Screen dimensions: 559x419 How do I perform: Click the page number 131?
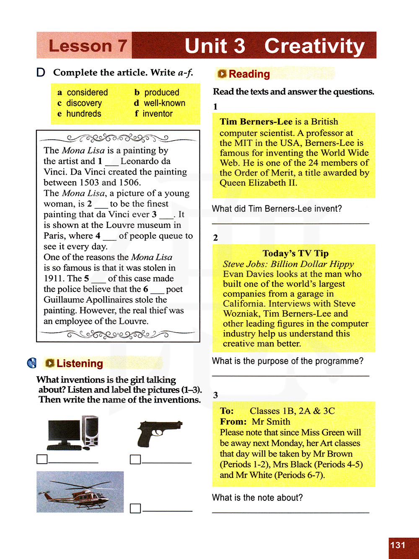point(398,545)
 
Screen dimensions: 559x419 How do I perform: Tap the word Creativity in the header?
point(314,46)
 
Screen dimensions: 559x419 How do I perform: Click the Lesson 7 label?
point(88,46)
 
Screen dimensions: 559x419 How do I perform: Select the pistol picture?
point(159,433)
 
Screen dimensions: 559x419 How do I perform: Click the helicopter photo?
point(80,492)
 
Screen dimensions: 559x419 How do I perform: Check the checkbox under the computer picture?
point(42,459)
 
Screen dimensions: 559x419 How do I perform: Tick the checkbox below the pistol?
point(135,459)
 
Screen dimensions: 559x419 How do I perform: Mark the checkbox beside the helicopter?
point(135,508)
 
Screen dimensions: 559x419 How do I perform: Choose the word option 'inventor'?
point(158,114)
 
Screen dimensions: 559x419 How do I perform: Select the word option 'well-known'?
point(164,103)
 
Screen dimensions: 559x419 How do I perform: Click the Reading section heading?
point(249,74)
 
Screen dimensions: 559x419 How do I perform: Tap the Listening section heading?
point(80,364)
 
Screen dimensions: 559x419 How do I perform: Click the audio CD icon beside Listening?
point(32,363)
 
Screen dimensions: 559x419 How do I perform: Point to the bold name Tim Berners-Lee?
point(256,122)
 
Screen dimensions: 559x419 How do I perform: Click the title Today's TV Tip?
point(295,253)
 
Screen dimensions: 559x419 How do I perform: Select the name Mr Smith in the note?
point(271,422)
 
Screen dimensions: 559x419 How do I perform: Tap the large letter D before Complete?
point(41,73)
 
